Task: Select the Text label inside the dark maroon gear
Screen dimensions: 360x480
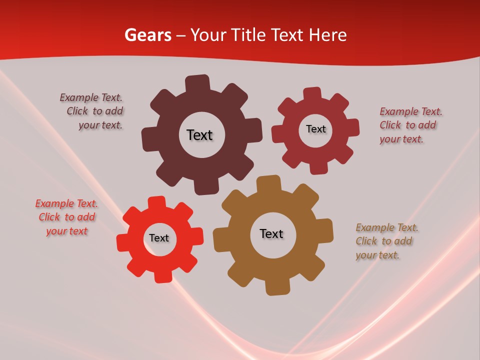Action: (x=199, y=135)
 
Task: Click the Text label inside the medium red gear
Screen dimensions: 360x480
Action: (x=315, y=129)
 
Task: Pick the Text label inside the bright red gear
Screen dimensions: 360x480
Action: (x=159, y=238)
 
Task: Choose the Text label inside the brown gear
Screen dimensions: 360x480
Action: (x=271, y=233)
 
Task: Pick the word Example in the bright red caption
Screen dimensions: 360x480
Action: (x=54, y=203)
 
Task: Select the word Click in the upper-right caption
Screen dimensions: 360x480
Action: (x=390, y=125)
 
